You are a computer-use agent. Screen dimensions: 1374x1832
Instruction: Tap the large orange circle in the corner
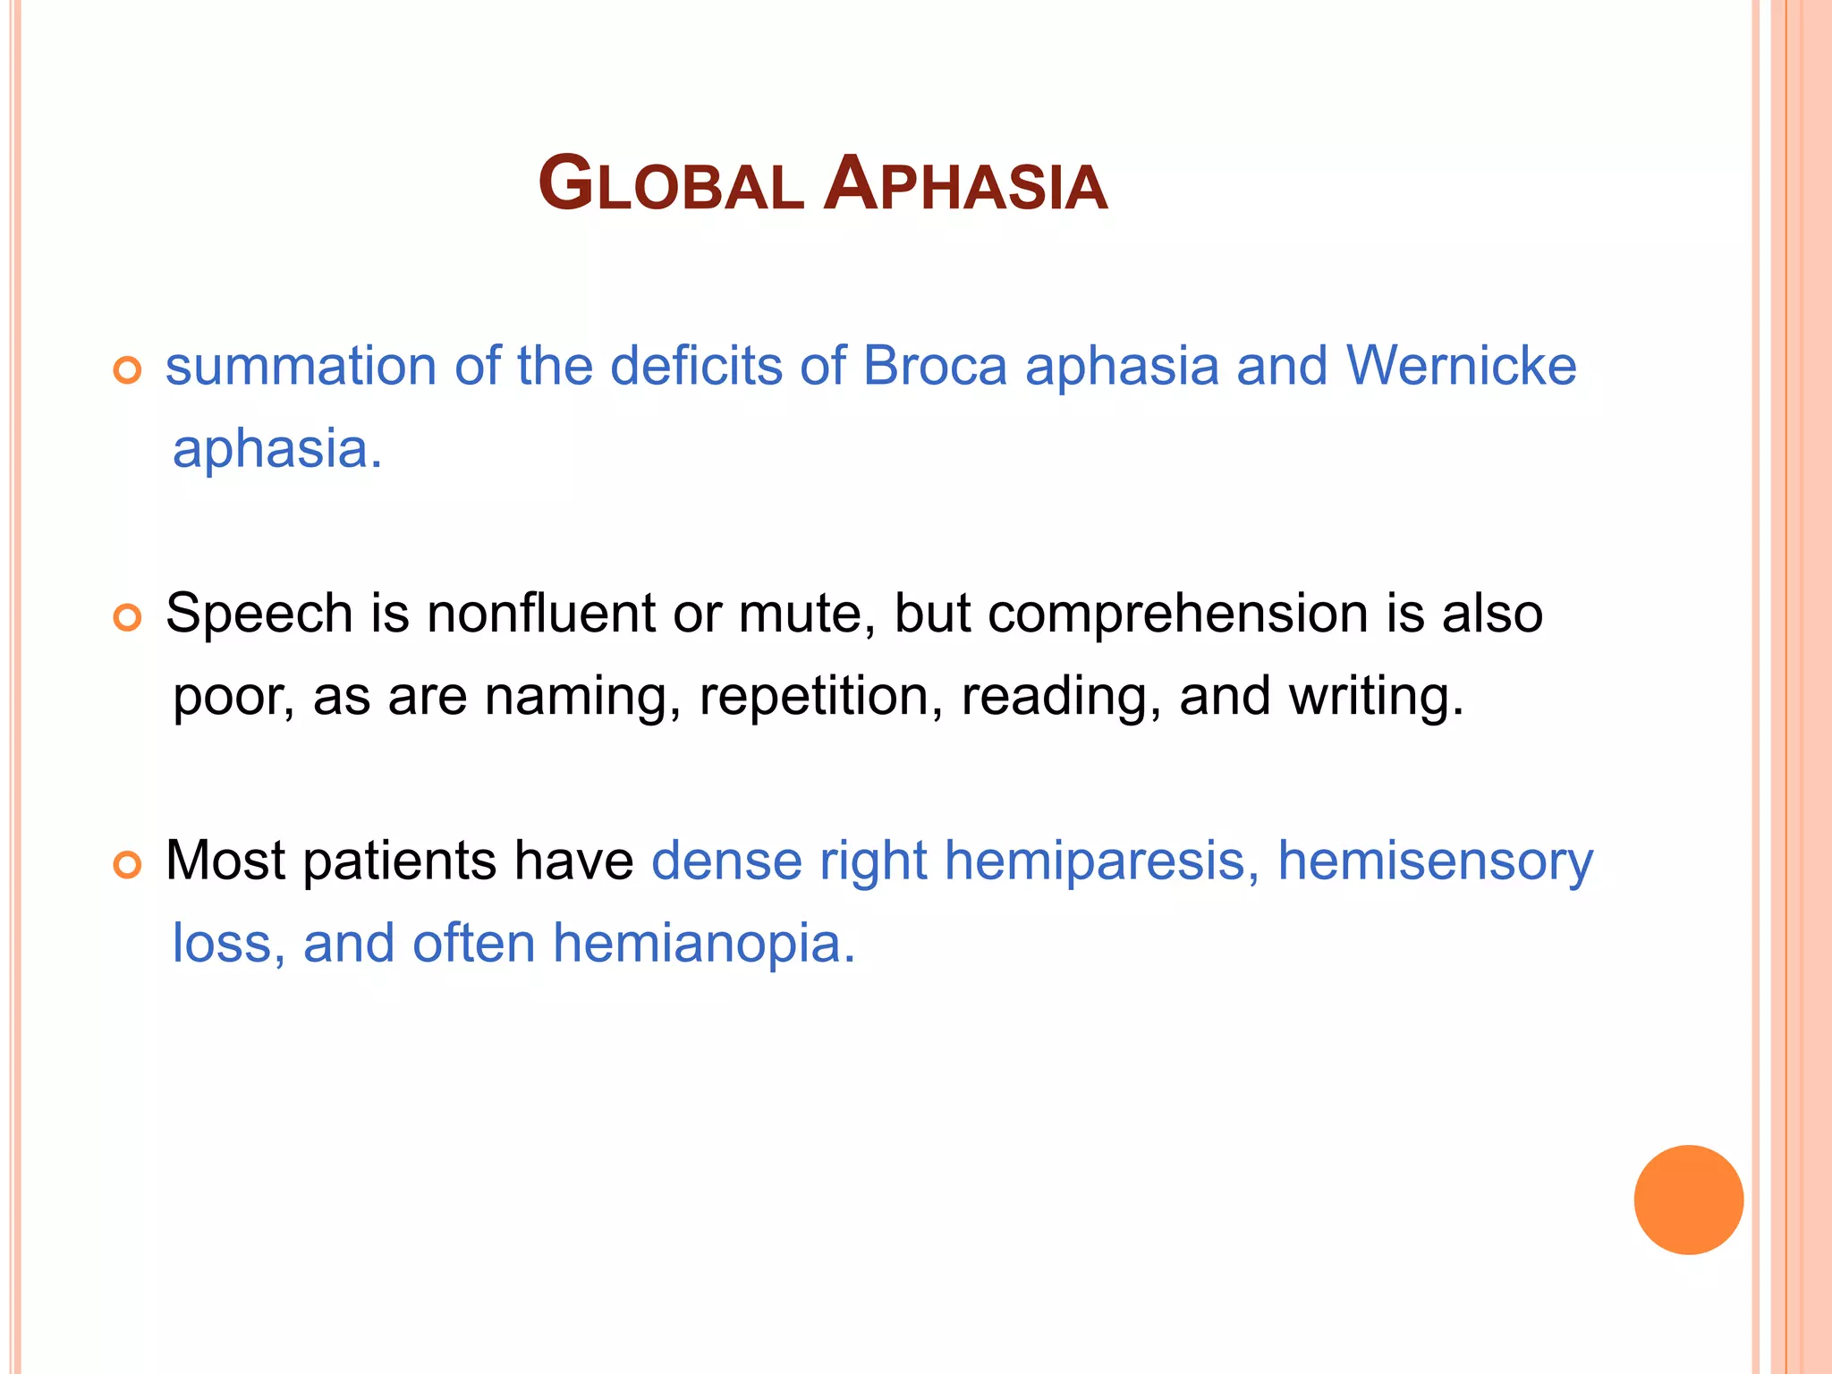click(x=1688, y=1200)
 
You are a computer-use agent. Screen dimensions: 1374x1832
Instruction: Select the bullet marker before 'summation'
click(x=128, y=370)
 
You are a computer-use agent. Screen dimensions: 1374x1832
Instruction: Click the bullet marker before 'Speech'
click(x=128, y=617)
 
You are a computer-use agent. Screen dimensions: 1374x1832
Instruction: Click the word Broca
click(x=935, y=366)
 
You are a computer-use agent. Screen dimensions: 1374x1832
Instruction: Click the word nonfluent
click(x=541, y=614)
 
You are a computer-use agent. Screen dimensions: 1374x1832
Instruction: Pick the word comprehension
click(x=1178, y=614)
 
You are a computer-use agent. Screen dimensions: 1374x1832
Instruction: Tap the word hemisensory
click(x=1435, y=861)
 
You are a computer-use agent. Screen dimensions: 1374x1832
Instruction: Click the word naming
click(x=582, y=696)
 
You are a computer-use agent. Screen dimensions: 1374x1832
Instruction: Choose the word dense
click(x=726, y=861)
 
